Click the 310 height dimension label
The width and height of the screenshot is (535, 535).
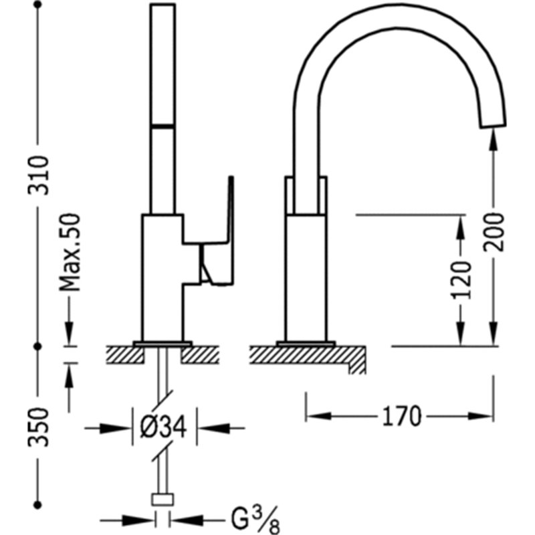39,175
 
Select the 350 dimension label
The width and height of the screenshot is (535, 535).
39,427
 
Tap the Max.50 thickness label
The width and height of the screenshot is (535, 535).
70,253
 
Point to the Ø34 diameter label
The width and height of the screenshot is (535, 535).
163,427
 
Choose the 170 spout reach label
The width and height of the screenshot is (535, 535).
402,416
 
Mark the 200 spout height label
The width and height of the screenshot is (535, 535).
494,232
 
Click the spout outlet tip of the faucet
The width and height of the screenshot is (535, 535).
494,124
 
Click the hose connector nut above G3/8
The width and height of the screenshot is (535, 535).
163,499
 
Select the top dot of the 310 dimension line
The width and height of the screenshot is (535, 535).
38,5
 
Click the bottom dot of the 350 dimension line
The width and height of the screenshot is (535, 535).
38,504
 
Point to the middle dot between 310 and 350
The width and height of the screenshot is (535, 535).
38,346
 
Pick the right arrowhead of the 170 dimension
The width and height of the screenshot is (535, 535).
480,416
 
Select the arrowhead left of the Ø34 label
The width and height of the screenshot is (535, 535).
115,427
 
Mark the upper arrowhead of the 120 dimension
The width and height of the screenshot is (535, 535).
461,229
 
